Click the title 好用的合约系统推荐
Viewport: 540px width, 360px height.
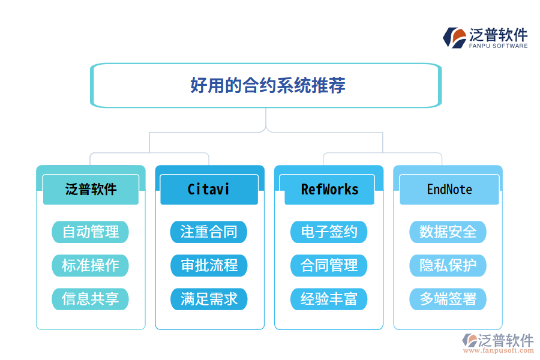click(267, 85)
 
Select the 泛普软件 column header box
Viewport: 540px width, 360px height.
click(91, 190)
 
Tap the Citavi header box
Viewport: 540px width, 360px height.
click(209, 190)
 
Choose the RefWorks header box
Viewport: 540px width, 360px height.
click(329, 190)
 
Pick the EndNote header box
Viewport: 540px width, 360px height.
click(449, 190)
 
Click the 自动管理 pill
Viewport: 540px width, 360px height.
click(91, 232)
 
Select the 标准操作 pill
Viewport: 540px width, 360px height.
click(91, 265)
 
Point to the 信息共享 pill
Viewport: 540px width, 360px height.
click(91, 299)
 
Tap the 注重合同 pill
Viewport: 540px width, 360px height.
click(209, 232)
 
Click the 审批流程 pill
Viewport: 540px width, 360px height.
click(209, 265)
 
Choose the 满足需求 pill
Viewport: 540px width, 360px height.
click(209, 299)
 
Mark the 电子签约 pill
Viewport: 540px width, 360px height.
click(329, 232)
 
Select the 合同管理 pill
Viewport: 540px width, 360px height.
click(329, 265)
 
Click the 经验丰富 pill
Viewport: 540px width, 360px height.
click(329, 299)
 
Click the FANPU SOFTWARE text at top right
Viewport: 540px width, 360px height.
click(498, 46)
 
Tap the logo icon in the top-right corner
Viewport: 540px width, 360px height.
click(454, 37)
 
